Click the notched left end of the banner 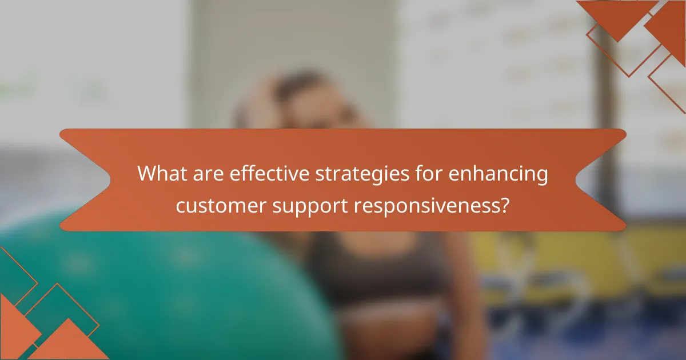(x=80, y=180)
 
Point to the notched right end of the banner (x=606, y=180)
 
